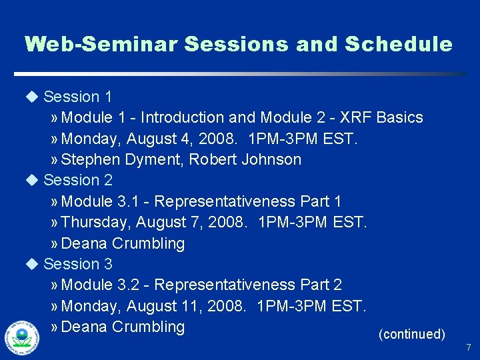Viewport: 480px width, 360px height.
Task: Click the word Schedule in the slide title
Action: (x=398, y=45)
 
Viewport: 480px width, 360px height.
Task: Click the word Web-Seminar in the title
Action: (x=101, y=45)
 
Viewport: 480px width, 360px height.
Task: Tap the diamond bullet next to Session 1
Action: (x=32, y=97)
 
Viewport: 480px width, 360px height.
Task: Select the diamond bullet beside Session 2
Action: (x=32, y=180)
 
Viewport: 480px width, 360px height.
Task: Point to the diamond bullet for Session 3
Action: (x=32, y=264)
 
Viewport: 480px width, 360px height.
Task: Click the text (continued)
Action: (x=411, y=334)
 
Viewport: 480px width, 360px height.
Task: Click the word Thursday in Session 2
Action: (x=91, y=222)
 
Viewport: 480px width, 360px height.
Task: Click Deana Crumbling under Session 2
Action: (x=123, y=243)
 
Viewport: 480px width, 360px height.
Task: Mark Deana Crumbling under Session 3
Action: (x=123, y=327)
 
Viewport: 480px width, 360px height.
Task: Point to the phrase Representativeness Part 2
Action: (x=248, y=285)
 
